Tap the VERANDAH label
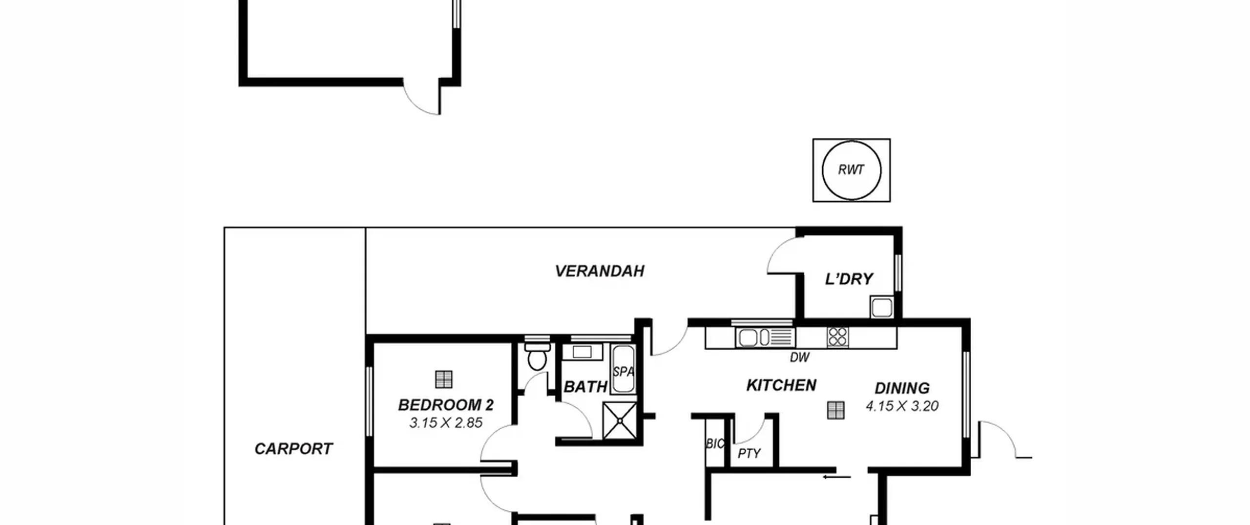click(600, 271)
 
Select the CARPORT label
click(293, 449)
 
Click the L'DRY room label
click(849, 279)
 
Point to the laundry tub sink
click(882, 307)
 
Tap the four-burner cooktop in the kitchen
click(838, 337)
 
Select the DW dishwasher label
click(799, 357)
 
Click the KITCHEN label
click(781, 385)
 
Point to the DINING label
click(902, 388)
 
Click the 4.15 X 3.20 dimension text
click(902, 406)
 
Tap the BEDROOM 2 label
click(446, 405)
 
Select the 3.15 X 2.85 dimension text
click(446, 423)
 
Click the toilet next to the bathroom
click(537, 356)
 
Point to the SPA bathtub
click(624, 369)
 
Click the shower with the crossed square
click(620, 420)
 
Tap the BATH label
click(585, 387)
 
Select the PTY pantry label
click(749, 454)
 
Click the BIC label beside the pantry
click(715, 443)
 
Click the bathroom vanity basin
click(582, 352)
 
